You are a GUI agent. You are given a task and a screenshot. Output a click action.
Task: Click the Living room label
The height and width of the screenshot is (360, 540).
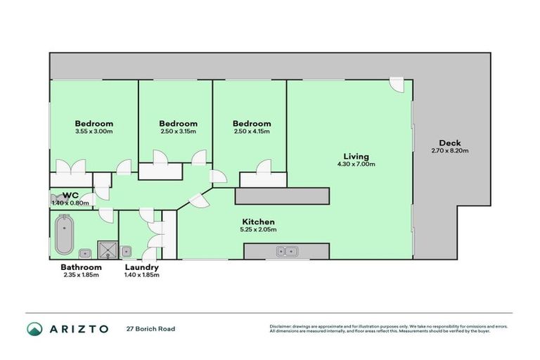pyautogui.click(x=356, y=156)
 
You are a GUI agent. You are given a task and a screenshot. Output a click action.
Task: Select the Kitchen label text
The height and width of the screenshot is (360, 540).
pyautogui.click(x=258, y=221)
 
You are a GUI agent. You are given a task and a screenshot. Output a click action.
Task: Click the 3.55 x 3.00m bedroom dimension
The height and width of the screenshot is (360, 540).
pyautogui.click(x=94, y=131)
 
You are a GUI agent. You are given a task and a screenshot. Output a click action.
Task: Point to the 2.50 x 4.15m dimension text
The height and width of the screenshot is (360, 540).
pyautogui.click(x=252, y=131)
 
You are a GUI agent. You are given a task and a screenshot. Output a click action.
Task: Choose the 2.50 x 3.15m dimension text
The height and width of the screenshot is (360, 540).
pyautogui.click(x=177, y=131)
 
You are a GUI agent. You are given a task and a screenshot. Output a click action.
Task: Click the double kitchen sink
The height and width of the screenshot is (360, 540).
pyautogui.click(x=286, y=250)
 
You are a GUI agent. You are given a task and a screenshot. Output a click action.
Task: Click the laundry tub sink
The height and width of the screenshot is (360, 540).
pyautogui.click(x=127, y=251)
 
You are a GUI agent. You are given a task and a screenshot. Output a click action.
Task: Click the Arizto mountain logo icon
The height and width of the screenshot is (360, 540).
pyautogui.click(x=34, y=329)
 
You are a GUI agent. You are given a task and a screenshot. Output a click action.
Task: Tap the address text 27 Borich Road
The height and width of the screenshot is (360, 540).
pyautogui.click(x=150, y=329)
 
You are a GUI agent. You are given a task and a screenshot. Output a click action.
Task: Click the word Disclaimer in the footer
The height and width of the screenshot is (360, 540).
pyautogui.click(x=281, y=326)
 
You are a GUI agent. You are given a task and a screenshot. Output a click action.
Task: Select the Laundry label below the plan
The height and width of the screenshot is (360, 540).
pyautogui.click(x=141, y=267)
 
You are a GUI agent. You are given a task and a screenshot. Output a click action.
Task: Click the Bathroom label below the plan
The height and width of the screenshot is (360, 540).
pyautogui.click(x=81, y=267)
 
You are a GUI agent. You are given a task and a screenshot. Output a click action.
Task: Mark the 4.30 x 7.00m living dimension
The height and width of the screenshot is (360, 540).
pyautogui.click(x=356, y=164)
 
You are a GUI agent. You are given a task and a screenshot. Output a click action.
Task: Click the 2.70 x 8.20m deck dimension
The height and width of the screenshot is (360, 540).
pyautogui.click(x=449, y=150)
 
